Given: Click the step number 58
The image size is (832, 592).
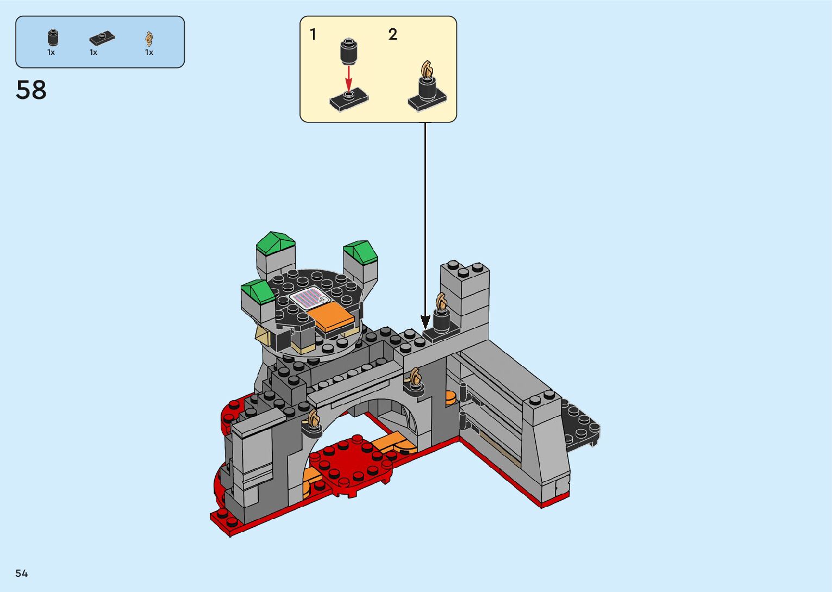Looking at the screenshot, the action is coord(31,90).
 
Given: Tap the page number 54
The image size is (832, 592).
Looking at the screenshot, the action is coord(22,573).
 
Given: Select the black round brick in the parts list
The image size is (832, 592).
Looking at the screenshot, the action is coord(53,38).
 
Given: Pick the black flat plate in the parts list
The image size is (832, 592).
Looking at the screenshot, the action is coord(102,38).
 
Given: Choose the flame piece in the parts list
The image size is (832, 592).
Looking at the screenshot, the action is coord(149,39).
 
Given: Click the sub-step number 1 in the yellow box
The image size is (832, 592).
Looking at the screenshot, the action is coord(313,34).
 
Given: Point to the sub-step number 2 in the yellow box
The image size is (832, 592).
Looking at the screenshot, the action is coord(392,34).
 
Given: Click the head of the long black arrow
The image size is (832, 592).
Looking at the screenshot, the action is coord(426,322).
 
